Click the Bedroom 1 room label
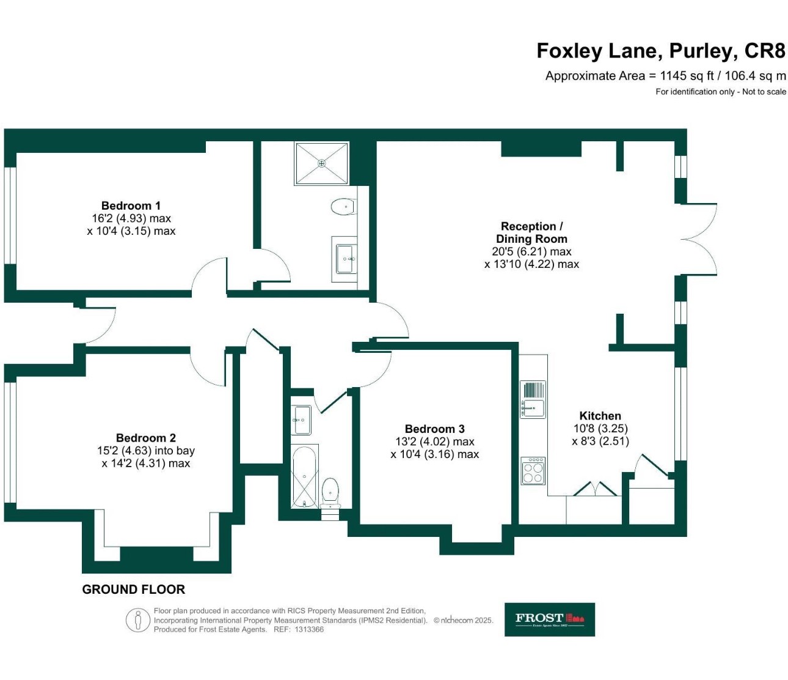point(131,205)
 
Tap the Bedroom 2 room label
point(145,438)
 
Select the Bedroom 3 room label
point(434,429)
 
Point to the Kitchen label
point(600,416)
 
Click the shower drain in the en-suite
point(322,163)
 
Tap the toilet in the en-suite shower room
point(343,207)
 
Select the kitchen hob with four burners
point(533,470)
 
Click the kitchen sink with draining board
point(533,399)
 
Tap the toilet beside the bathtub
point(330,493)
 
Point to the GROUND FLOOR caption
point(133,589)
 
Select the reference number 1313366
point(309,630)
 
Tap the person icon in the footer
point(138,621)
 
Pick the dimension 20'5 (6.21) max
point(531,251)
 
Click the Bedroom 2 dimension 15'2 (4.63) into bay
point(145,451)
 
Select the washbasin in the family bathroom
point(302,420)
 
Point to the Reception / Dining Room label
point(531,232)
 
